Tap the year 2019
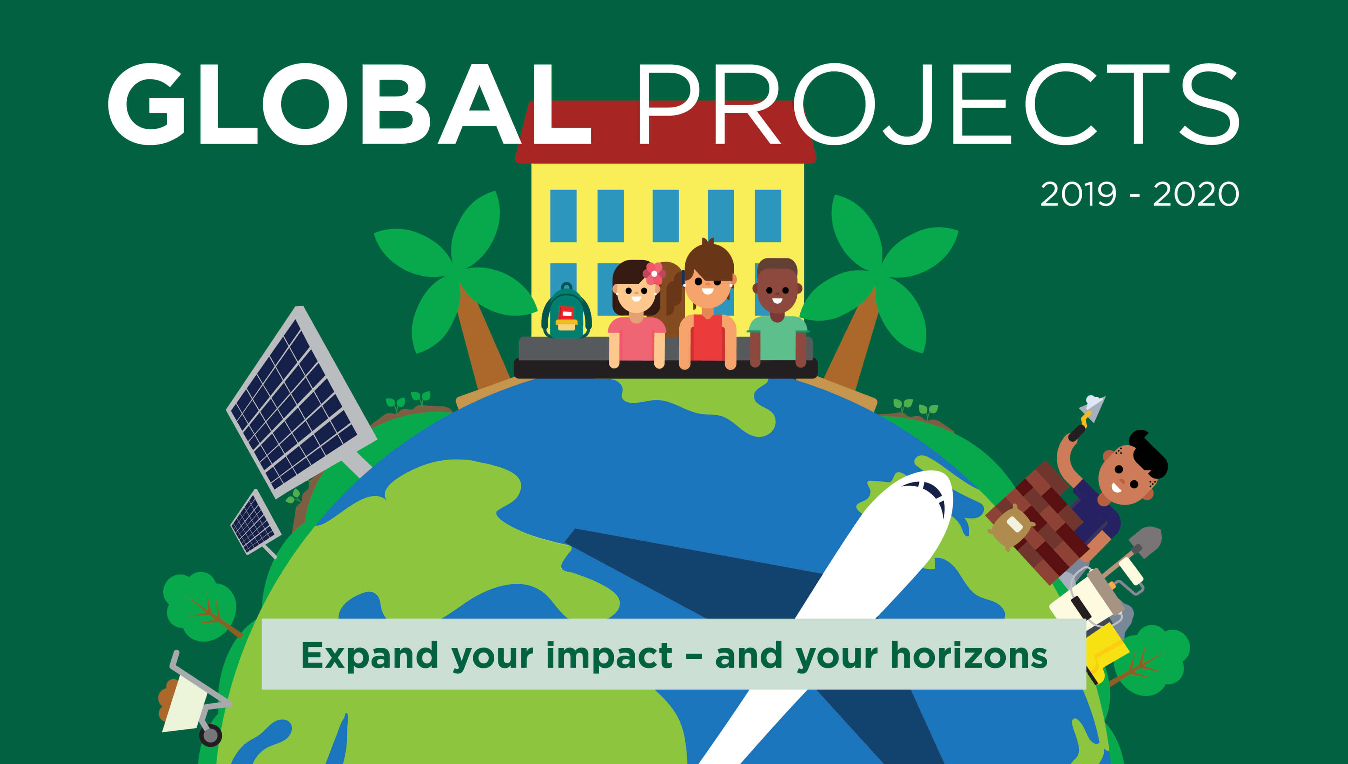pyautogui.click(x=1078, y=194)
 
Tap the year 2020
pyautogui.click(x=1196, y=194)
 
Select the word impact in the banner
pyautogui.click(x=608, y=656)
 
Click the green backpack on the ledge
pyautogui.click(x=567, y=313)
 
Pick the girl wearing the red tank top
pyautogui.click(x=708, y=315)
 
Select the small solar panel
pyautogui.click(x=255, y=522)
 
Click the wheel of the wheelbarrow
pyautogui.click(x=210, y=735)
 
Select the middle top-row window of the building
pyautogui.click(x=665, y=216)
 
